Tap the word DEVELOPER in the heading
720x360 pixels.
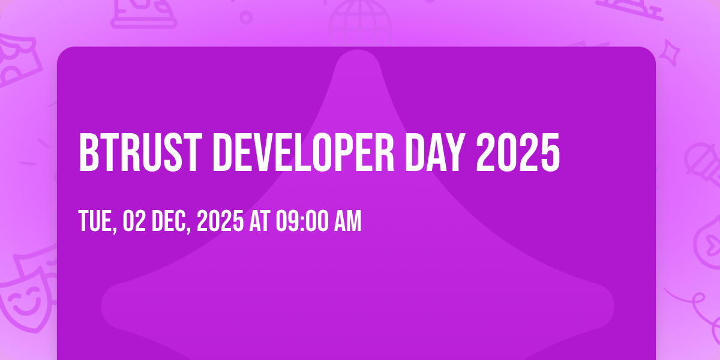tap(303, 152)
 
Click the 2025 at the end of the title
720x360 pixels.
tap(518, 152)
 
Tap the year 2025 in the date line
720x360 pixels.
tap(220, 221)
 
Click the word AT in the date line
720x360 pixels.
tap(260, 221)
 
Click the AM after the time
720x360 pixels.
tap(348, 221)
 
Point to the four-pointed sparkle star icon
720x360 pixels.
tap(670, 53)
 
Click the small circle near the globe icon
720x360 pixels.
tap(246, 17)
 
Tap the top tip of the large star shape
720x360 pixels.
tap(358, 50)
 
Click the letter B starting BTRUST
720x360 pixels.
tap(88, 152)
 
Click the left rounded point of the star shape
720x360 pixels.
tap(102, 306)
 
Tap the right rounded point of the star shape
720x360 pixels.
tap(613, 306)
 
